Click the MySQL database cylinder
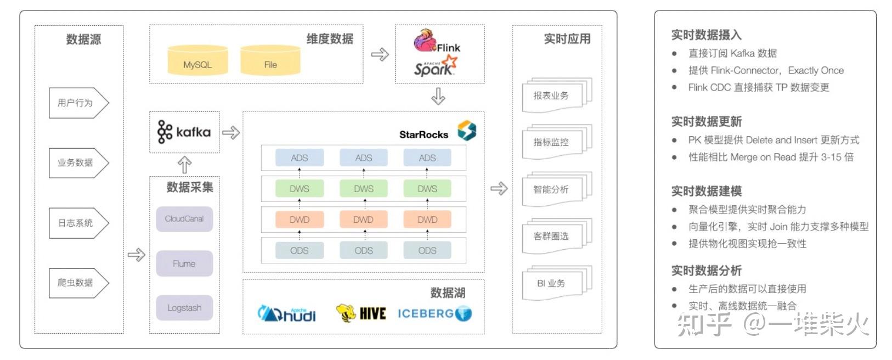(197, 61)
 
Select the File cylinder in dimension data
(270, 61)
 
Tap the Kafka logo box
(184, 132)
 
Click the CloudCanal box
(184, 218)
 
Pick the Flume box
(184, 263)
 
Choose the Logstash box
(184, 308)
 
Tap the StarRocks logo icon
(467, 131)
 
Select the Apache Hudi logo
(287, 313)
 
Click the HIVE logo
(361, 313)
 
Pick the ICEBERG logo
(434, 313)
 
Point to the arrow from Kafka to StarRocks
(231, 132)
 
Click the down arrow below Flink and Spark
(438, 97)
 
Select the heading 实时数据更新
(706, 121)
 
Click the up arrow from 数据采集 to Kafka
(184, 165)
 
